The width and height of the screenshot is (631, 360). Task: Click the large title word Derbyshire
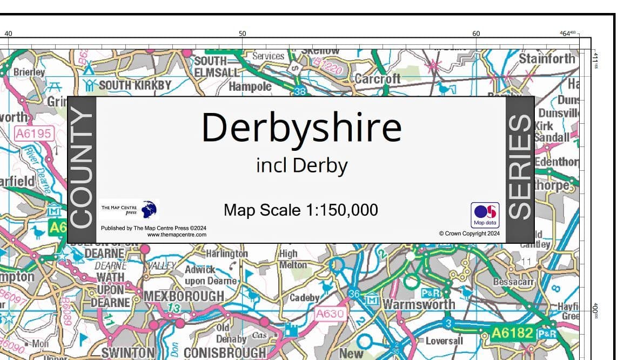301,128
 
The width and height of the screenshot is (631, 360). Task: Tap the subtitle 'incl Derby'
301,165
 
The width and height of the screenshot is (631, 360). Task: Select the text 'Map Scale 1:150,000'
301,210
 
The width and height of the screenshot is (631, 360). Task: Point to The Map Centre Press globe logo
149,209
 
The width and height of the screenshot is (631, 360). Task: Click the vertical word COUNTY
82,168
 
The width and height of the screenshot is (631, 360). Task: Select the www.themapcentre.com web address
177,235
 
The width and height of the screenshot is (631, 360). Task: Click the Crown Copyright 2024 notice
469,234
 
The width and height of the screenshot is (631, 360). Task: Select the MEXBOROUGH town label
184,296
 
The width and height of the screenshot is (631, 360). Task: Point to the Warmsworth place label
419,304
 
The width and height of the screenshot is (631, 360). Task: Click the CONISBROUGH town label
226,353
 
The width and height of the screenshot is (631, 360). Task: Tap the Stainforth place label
547,58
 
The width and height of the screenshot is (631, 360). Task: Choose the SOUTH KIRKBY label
135,85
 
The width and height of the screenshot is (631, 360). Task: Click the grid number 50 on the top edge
243,34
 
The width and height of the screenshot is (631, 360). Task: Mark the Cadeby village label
305,297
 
